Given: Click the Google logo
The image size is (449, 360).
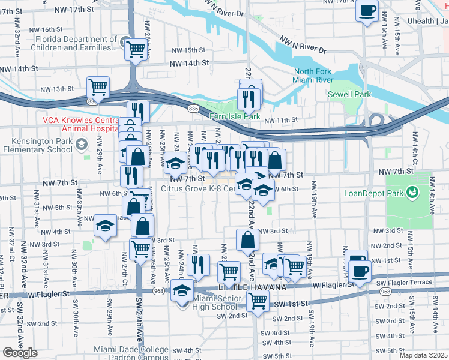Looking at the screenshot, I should click(20, 353).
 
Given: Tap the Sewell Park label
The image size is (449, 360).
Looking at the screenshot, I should click(349, 94).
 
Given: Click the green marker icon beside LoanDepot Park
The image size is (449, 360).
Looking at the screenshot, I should click(412, 192).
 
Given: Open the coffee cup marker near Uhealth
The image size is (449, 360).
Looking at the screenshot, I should click(367, 10).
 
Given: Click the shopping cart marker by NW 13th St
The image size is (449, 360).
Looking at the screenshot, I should click(98, 87).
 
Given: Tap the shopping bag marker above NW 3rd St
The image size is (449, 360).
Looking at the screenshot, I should click(247, 240).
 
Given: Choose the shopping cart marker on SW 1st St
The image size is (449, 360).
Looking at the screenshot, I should click(258, 301).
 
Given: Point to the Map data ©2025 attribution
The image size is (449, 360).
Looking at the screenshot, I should click(423, 355).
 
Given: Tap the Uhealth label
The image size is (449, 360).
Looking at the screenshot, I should click(427, 21).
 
